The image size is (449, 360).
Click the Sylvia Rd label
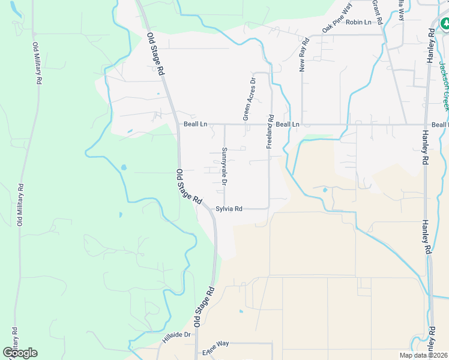(229, 209)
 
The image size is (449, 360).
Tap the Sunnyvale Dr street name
(224, 166)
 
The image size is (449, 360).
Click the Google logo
(20, 353)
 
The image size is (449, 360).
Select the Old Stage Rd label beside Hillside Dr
(204, 306)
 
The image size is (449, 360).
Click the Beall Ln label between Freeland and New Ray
(288, 124)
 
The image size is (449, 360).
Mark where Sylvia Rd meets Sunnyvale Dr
(224, 209)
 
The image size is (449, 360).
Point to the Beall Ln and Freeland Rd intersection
(271, 124)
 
